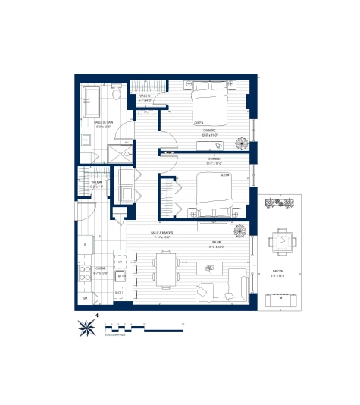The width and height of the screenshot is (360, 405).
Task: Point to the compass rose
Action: (x=87, y=328)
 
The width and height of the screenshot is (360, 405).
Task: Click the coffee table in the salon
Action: (x=208, y=267)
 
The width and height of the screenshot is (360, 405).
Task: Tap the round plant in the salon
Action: (x=240, y=229)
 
